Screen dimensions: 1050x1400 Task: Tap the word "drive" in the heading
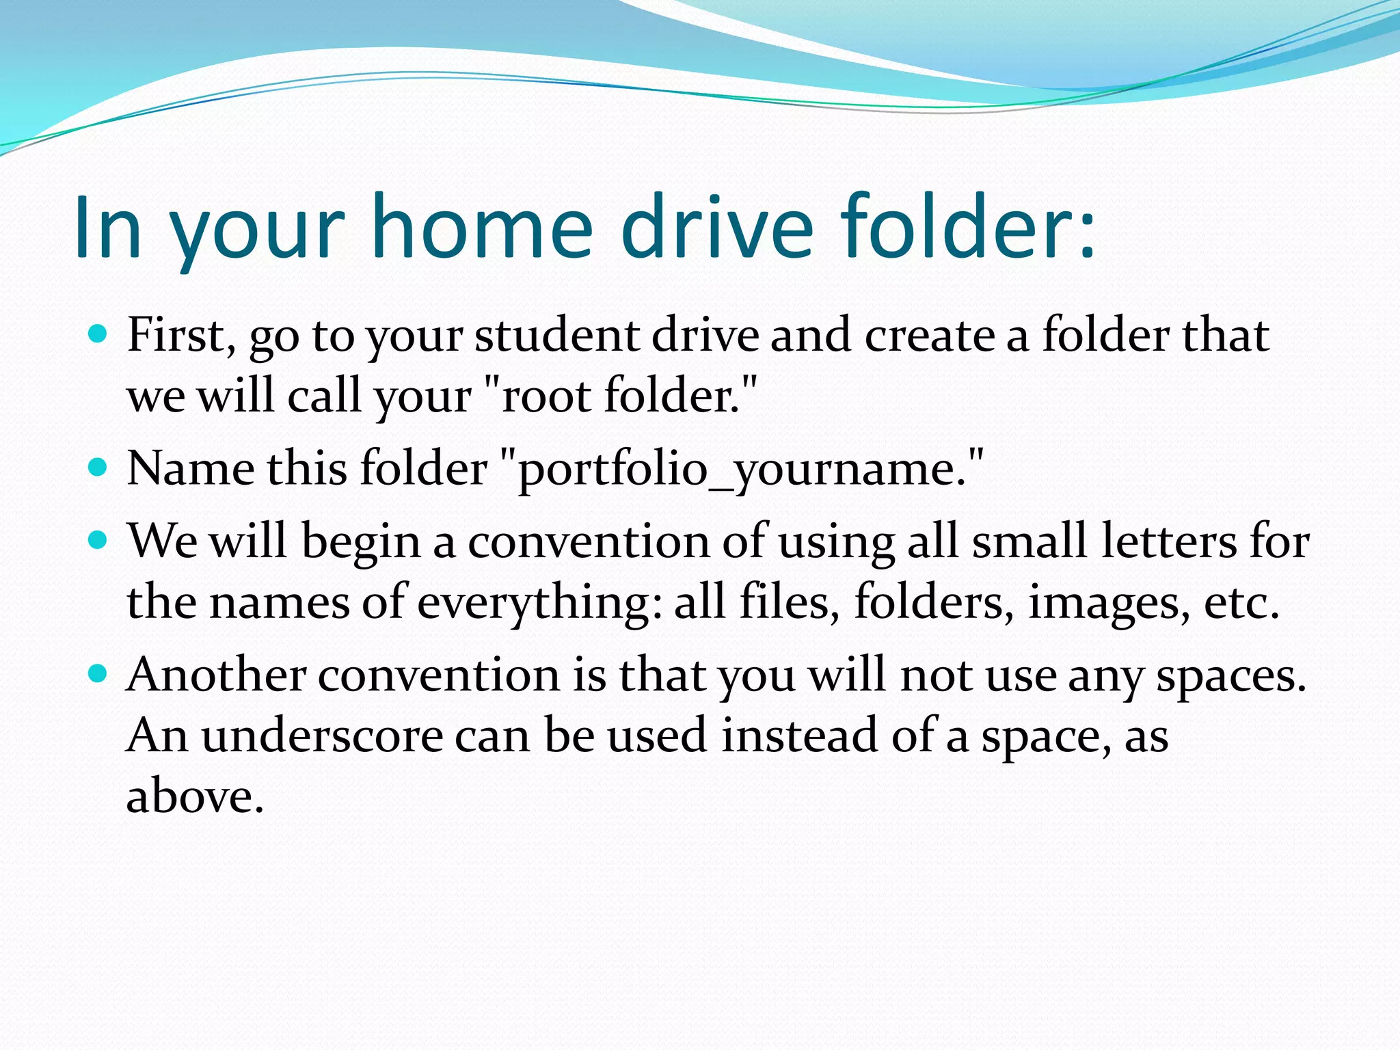[x=718, y=227]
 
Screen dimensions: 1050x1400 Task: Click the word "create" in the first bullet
[x=929, y=336]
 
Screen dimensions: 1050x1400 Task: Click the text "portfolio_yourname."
[x=742, y=470]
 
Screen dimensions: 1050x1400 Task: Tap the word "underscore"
[x=322, y=736]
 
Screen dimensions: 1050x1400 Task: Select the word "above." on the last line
[x=195, y=797]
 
